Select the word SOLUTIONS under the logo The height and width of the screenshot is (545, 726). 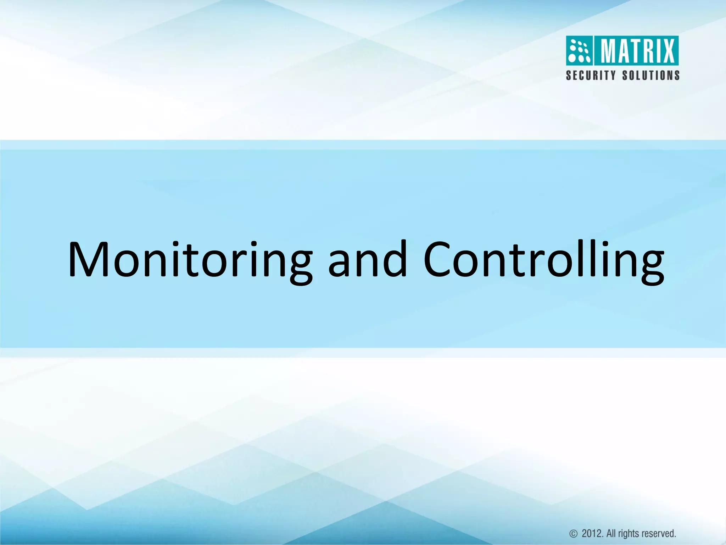tap(651, 76)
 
